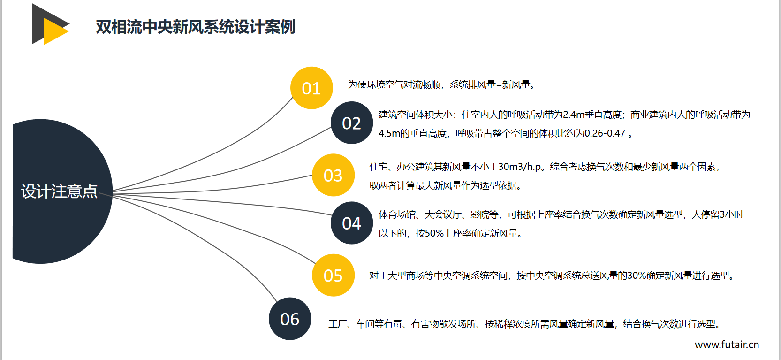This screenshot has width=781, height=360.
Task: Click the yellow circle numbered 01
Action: (x=311, y=88)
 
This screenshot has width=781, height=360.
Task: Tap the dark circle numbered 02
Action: (x=351, y=123)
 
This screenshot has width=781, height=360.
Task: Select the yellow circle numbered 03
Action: (x=333, y=175)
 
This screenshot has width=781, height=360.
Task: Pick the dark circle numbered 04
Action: (x=351, y=223)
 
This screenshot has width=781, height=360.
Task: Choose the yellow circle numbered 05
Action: (x=333, y=275)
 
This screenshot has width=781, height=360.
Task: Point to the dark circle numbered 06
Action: (x=290, y=319)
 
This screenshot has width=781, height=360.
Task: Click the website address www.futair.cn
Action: (x=727, y=345)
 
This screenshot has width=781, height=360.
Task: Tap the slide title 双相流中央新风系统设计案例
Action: (x=196, y=27)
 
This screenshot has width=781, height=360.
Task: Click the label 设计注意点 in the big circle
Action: (x=59, y=191)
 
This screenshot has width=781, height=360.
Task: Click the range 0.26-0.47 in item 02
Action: (x=605, y=133)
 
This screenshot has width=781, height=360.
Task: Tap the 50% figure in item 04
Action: (x=434, y=233)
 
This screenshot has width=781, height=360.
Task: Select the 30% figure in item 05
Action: (x=637, y=276)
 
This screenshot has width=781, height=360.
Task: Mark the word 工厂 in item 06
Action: (x=338, y=324)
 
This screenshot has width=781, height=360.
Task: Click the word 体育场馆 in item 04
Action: (x=397, y=214)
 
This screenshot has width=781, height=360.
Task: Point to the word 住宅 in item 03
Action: (x=378, y=167)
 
